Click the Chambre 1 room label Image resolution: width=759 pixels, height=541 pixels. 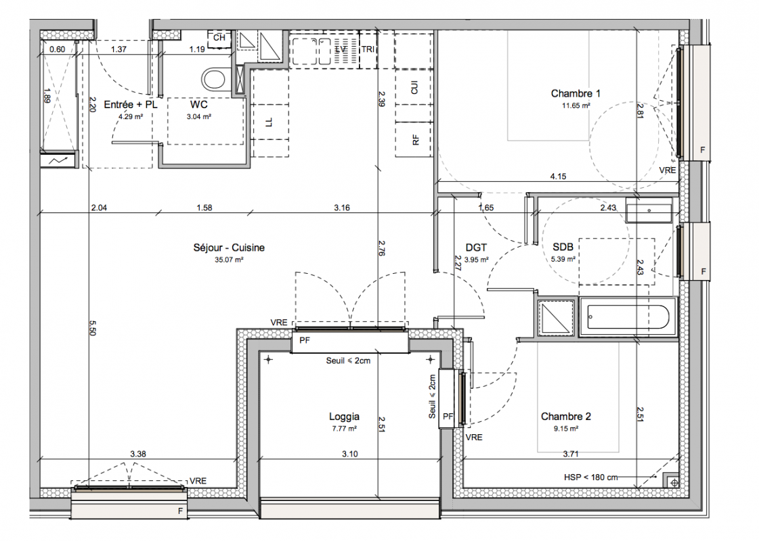point(576,94)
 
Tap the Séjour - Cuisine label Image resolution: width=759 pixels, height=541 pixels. point(229,248)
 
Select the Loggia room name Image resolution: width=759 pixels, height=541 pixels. point(344,417)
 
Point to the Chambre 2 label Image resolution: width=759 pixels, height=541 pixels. point(566,417)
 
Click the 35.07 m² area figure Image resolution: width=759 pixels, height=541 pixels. point(229,260)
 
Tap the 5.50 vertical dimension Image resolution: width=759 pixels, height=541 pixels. point(93,328)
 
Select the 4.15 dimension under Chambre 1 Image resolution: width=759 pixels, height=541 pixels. point(558,177)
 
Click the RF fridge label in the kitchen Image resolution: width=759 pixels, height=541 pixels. point(415,140)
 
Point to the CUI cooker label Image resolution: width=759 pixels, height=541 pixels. point(414,88)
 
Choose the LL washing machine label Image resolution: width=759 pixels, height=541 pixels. point(269,123)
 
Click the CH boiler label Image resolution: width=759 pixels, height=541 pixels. point(219,38)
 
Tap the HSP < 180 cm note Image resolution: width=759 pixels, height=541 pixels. point(590,477)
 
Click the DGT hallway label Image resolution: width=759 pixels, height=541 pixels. point(476,248)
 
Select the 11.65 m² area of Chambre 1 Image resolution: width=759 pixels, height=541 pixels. point(576,105)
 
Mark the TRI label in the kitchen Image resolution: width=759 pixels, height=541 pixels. point(368,49)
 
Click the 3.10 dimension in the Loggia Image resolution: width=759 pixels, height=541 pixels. point(350,454)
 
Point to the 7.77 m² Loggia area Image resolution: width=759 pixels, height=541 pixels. point(344,429)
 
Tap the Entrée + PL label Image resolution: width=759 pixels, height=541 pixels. point(131,104)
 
